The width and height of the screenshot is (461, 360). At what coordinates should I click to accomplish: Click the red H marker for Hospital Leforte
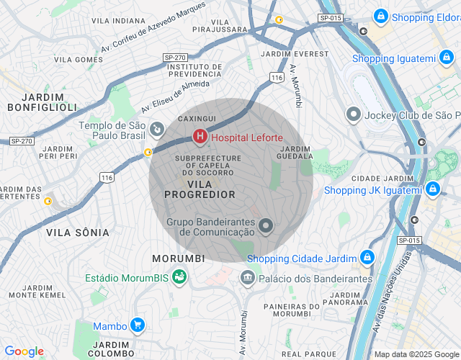tap(200, 135)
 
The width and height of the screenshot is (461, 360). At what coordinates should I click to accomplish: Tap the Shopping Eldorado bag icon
tap(381, 16)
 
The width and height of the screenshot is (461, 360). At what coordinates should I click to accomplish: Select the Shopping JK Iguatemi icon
tap(433, 189)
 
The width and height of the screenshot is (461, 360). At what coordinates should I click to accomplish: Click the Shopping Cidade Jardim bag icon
tap(367, 257)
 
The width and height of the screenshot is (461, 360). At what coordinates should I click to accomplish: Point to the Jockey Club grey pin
tap(354, 114)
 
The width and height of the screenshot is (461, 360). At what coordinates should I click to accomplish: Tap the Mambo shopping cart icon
tap(137, 325)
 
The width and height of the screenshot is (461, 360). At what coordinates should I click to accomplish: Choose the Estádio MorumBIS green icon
tap(179, 276)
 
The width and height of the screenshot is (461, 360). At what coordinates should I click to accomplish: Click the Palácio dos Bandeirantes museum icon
tap(248, 277)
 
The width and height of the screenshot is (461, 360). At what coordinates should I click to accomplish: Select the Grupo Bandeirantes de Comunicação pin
tap(267, 227)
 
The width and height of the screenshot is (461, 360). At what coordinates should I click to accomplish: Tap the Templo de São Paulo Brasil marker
tap(156, 130)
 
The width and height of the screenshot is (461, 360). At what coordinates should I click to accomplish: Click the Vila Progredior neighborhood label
tap(200, 189)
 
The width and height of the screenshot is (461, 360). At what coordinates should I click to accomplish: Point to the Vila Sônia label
tap(78, 233)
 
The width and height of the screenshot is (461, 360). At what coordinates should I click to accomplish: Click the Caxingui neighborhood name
tap(197, 117)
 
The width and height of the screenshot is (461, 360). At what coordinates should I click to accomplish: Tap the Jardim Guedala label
tap(295, 152)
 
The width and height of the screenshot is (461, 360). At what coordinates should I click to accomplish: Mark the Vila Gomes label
tap(79, 59)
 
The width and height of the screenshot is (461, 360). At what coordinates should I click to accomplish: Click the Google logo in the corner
tap(24, 351)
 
